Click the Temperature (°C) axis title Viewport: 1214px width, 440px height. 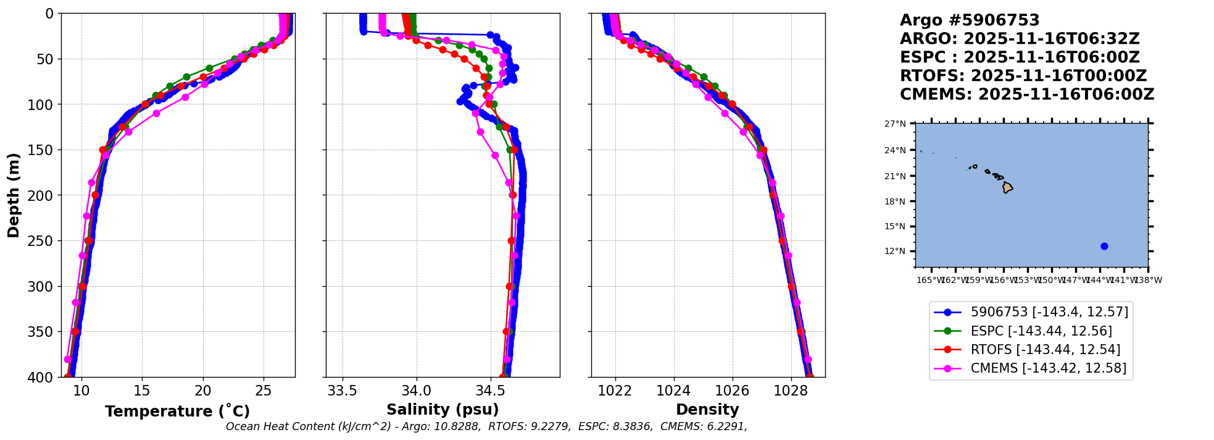coord(177,411)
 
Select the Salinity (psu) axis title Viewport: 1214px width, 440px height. coord(443,410)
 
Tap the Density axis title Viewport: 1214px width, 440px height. coord(707,410)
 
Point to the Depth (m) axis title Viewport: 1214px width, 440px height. coord(14,195)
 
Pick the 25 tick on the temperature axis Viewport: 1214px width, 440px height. coord(264,391)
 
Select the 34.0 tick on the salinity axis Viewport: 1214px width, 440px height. coord(417,391)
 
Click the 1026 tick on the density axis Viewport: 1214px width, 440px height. coord(733,391)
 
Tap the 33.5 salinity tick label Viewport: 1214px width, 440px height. coord(342,391)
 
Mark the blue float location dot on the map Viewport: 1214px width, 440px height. coord(1104,246)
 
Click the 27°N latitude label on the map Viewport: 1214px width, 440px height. coord(896,124)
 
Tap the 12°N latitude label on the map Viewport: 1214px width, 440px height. coord(896,251)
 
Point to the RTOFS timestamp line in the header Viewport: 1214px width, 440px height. coord(1023,76)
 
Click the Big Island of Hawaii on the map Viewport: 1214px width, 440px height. coord(1007,187)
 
